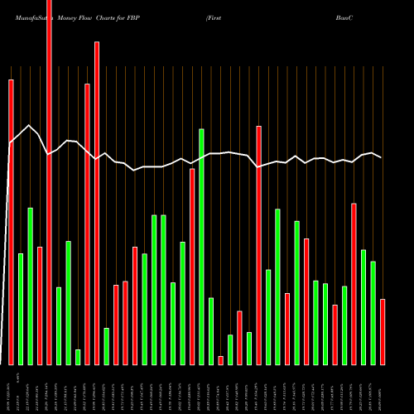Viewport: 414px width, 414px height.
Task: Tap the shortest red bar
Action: pos(220,360)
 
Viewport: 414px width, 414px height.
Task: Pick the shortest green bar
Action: pos(78,357)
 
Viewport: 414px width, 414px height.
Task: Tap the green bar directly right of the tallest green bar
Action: pos(211,331)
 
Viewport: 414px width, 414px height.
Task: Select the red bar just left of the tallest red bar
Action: pos(40,306)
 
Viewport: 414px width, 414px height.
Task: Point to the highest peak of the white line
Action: pos(30,125)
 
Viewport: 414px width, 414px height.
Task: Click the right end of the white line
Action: pos(382,157)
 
